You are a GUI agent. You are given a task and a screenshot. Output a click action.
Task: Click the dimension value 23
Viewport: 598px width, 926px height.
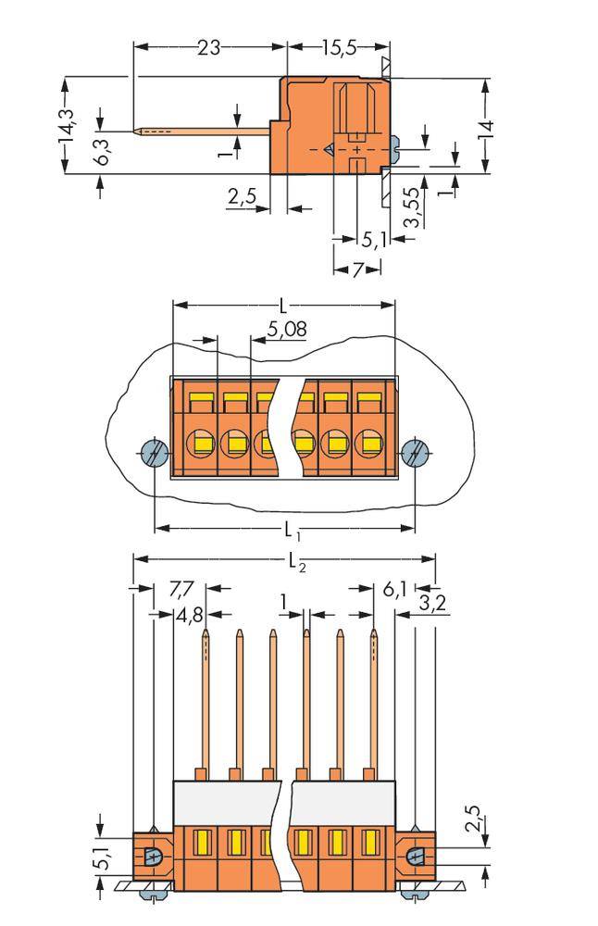coord(208,47)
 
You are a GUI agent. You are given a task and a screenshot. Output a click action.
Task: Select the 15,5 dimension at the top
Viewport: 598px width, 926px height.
coord(340,47)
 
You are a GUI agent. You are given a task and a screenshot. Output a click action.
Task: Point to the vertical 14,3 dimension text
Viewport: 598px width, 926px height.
coord(67,127)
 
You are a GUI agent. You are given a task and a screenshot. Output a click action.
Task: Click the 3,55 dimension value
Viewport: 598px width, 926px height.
coord(413,208)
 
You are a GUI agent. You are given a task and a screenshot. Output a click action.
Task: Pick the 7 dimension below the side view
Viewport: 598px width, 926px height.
coord(356,269)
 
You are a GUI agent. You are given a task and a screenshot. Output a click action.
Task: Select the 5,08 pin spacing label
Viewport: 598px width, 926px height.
coord(287,329)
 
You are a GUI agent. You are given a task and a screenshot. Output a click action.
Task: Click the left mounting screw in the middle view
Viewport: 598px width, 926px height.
coord(152,454)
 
